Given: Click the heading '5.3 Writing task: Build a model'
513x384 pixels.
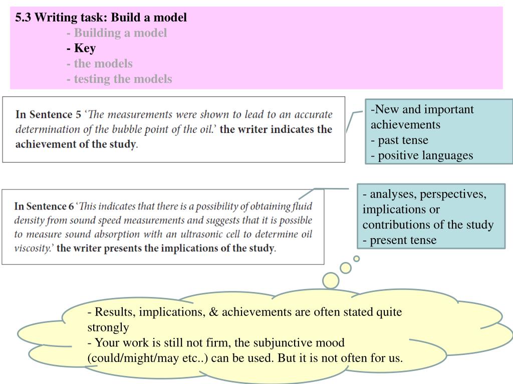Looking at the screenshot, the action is [x=101, y=18].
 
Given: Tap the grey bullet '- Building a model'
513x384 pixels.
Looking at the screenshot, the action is [x=116, y=33].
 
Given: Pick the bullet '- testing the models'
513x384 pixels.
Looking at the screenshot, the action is [x=119, y=79].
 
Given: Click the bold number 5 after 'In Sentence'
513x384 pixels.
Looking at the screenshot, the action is [x=78, y=114].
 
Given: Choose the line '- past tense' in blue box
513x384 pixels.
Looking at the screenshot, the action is [x=399, y=140].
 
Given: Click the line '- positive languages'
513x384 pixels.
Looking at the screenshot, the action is [x=422, y=155].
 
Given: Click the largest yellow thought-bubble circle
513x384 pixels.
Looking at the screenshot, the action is [x=331, y=280].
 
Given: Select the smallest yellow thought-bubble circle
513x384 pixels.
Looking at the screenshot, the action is [x=357, y=258].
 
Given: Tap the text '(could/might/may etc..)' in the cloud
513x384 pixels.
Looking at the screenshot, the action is [x=148, y=358].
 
